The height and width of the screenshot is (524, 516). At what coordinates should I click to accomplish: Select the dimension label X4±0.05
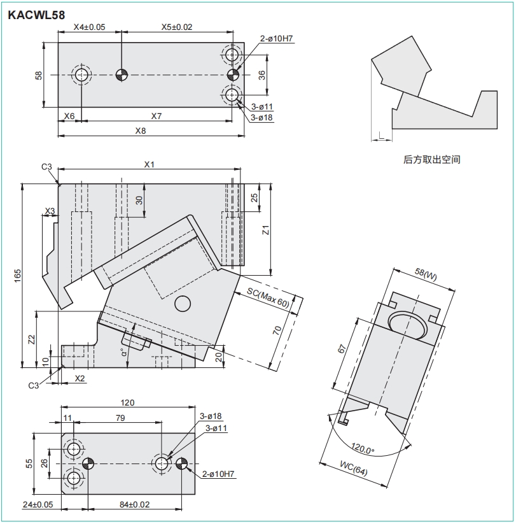89,27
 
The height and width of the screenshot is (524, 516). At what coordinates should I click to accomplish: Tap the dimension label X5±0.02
176,27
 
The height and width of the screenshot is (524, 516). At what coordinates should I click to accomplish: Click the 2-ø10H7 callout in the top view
276,39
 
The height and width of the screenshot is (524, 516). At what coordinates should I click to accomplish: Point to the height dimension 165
18,275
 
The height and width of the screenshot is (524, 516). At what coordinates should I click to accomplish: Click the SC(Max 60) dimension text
268,297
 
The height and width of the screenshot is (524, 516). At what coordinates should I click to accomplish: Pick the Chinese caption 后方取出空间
431,160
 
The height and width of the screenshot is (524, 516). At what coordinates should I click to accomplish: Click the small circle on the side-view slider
182,304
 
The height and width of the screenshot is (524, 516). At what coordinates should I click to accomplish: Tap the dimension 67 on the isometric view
341,350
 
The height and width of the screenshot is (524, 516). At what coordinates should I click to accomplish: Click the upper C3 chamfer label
46,167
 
